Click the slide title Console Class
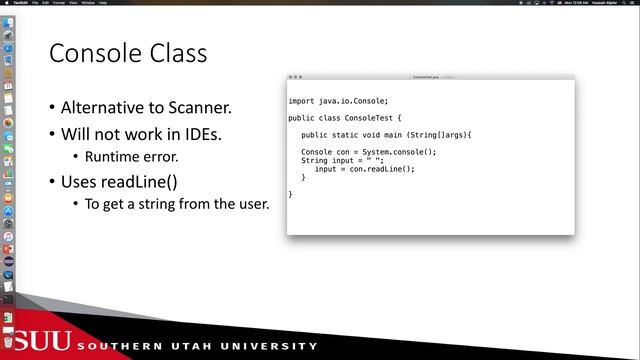point(128,53)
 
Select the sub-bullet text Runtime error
point(131,157)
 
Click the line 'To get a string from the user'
point(177,204)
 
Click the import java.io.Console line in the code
point(337,101)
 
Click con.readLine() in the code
point(382,169)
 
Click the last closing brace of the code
point(291,194)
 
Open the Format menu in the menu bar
point(59,3)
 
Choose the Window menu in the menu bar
point(88,3)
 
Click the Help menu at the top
point(103,3)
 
